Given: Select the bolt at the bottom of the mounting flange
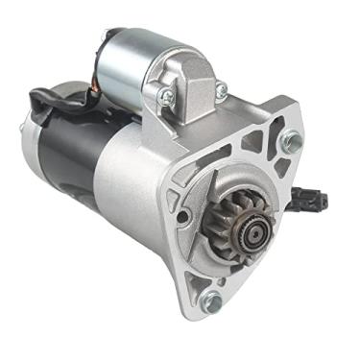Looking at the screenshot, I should [213, 300].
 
